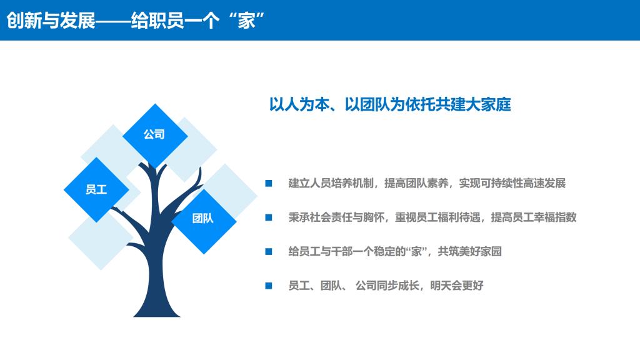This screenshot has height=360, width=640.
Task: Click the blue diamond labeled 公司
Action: (x=155, y=136)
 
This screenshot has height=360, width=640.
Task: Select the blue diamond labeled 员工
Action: (x=97, y=190)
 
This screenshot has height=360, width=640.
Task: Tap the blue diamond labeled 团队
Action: (x=204, y=221)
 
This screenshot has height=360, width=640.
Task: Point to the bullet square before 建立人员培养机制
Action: (x=269, y=183)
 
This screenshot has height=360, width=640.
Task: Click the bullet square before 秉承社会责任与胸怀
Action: (x=269, y=217)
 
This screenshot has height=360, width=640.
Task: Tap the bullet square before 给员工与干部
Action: (x=269, y=251)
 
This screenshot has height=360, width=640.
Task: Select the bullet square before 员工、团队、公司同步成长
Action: (x=269, y=286)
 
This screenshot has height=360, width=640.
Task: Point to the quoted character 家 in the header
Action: (x=246, y=21)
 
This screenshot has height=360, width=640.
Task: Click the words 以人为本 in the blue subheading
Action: (x=299, y=104)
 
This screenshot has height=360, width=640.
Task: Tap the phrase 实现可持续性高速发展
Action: (x=512, y=183)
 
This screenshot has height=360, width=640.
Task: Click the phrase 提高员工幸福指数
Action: (x=534, y=217)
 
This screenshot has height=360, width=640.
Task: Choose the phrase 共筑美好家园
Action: (x=470, y=251)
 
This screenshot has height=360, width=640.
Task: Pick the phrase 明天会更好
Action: (x=457, y=286)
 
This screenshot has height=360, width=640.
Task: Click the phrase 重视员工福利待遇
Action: (x=437, y=217)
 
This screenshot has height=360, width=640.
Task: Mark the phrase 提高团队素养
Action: (x=416, y=183)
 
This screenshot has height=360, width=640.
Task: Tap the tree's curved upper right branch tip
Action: (x=200, y=168)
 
